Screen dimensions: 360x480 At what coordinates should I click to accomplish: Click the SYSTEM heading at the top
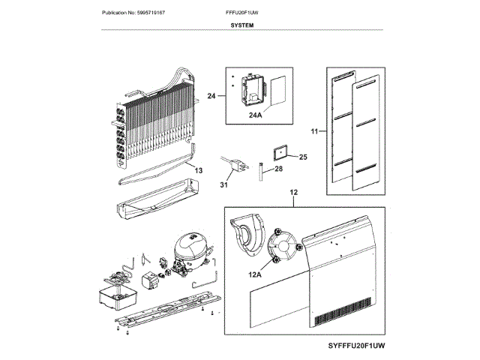241,25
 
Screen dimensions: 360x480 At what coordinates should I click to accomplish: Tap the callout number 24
211,96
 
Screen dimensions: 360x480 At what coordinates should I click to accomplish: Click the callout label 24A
256,115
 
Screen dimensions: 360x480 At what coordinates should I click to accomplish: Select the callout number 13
198,171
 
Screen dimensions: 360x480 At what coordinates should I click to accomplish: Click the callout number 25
303,157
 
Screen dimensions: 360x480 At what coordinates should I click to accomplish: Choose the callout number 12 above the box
294,192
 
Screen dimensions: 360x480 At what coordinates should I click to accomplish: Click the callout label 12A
256,274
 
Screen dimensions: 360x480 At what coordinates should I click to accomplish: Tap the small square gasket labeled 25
280,153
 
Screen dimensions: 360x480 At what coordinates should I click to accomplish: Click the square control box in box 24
249,88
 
